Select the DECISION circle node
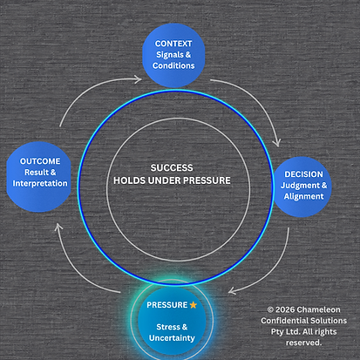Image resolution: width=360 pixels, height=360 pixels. pyautogui.click(x=302, y=184)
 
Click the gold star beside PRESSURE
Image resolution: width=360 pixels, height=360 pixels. pyautogui.click(x=194, y=305)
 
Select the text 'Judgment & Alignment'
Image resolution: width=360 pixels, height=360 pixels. pyautogui.click(x=303, y=191)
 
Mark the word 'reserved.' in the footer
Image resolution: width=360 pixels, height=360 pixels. pyautogui.click(x=302, y=343)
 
